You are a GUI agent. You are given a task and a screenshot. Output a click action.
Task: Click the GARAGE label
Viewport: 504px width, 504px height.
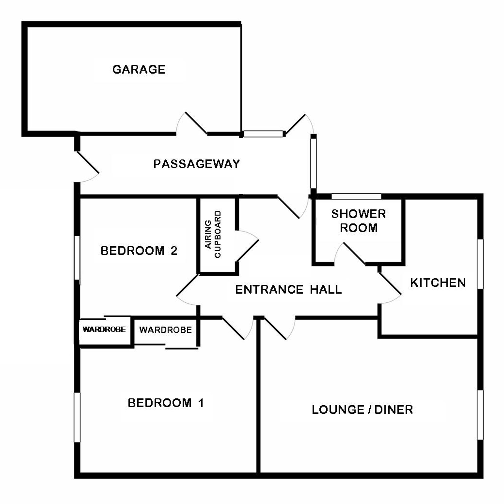tap(139, 69)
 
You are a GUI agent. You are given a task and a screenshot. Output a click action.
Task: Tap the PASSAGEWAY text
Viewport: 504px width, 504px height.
tap(196, 164)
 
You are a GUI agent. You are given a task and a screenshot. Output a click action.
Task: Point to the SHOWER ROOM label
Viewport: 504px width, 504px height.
tap(358, 221)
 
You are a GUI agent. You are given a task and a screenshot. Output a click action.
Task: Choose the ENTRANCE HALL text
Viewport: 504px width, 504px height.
tap(289, 290)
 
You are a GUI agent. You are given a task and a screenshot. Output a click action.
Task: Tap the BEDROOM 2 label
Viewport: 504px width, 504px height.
tap(139, 251)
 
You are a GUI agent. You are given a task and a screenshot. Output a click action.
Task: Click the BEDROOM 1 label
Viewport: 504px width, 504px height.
tap(166, 403)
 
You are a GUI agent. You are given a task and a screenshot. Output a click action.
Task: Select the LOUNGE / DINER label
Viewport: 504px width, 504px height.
tap(362, 409)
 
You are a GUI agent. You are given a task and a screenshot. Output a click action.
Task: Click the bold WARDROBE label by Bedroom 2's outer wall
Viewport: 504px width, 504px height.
tap(104, 329)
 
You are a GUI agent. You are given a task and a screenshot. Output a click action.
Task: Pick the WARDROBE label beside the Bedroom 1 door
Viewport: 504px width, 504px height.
tap(166, 330)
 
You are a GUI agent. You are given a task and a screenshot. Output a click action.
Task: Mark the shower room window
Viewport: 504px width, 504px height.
tap(356, 196)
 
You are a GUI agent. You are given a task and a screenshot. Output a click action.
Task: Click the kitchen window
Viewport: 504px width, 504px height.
tap(480, 264)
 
